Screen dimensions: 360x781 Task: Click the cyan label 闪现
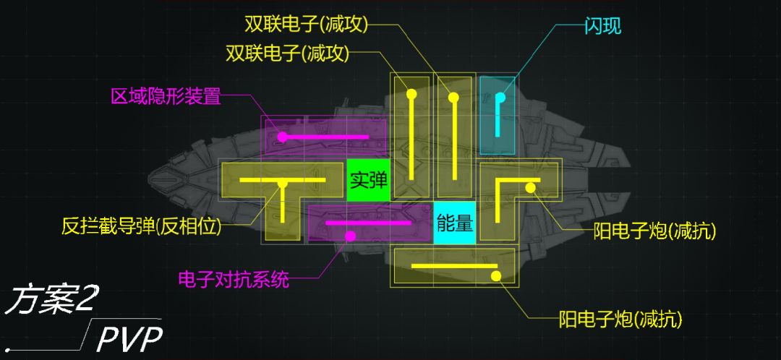[602, 27]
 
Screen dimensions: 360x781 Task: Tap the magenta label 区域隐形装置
[166, 96]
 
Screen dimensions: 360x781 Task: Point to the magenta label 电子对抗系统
[234, 278]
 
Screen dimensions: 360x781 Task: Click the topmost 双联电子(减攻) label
[307, 24]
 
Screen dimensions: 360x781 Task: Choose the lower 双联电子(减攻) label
[287, 53]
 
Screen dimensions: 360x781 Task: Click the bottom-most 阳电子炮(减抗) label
[620, 318]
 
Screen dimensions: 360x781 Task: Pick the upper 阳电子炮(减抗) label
[654, 231]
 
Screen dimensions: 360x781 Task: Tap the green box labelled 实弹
[368, 180]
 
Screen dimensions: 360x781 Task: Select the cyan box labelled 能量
[454, 223]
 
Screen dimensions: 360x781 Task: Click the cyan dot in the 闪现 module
[500, 98]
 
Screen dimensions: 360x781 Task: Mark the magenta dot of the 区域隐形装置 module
[282, 137]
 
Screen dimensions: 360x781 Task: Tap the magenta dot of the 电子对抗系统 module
[350, 236]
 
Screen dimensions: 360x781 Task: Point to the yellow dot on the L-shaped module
[530, 188]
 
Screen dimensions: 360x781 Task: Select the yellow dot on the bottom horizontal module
[495, 275]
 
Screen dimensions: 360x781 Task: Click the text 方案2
[51, 300]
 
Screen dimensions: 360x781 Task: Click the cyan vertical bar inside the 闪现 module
[498, 119]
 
